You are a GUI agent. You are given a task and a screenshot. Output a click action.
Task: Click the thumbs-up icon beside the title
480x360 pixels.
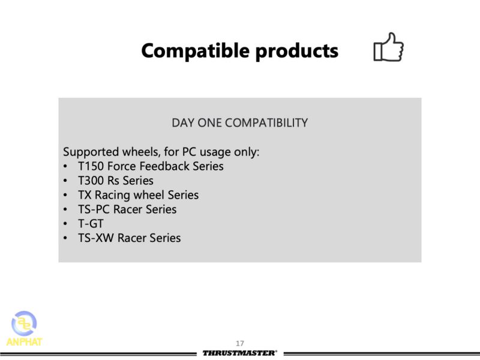[x=388, y=47]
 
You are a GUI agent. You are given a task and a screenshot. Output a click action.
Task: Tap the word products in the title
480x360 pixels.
[x=296, y=51]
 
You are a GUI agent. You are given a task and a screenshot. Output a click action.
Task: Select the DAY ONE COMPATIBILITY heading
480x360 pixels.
[x=239, y=123]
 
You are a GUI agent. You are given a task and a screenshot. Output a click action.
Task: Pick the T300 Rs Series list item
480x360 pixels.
[x=116, y=181]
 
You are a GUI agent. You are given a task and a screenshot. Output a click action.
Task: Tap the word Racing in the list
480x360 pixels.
[x=112, y=195]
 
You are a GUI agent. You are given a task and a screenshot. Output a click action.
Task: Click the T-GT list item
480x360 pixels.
[x=91, y=224]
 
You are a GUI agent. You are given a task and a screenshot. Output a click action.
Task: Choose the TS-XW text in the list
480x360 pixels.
[x=96, y=238]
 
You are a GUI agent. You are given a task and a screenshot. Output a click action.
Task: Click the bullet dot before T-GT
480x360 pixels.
[x=65, y=224]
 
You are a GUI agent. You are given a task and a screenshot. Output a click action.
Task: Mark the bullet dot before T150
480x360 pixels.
[x=65, y=166]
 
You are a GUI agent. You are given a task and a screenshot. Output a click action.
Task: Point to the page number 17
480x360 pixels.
[x=239, y=343]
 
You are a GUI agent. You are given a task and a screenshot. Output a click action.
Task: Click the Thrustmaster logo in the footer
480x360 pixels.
[x=239, y=353]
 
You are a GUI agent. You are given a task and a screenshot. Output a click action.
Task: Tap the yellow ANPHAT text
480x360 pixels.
[x=24, y=341]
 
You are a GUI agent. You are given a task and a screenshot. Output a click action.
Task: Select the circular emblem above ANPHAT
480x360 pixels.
[x=24, y=323]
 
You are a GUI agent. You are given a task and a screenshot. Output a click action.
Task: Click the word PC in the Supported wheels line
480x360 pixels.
[x=189, y=152]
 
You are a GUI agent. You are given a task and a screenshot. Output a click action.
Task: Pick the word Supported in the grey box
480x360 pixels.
[x=91, y=152]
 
